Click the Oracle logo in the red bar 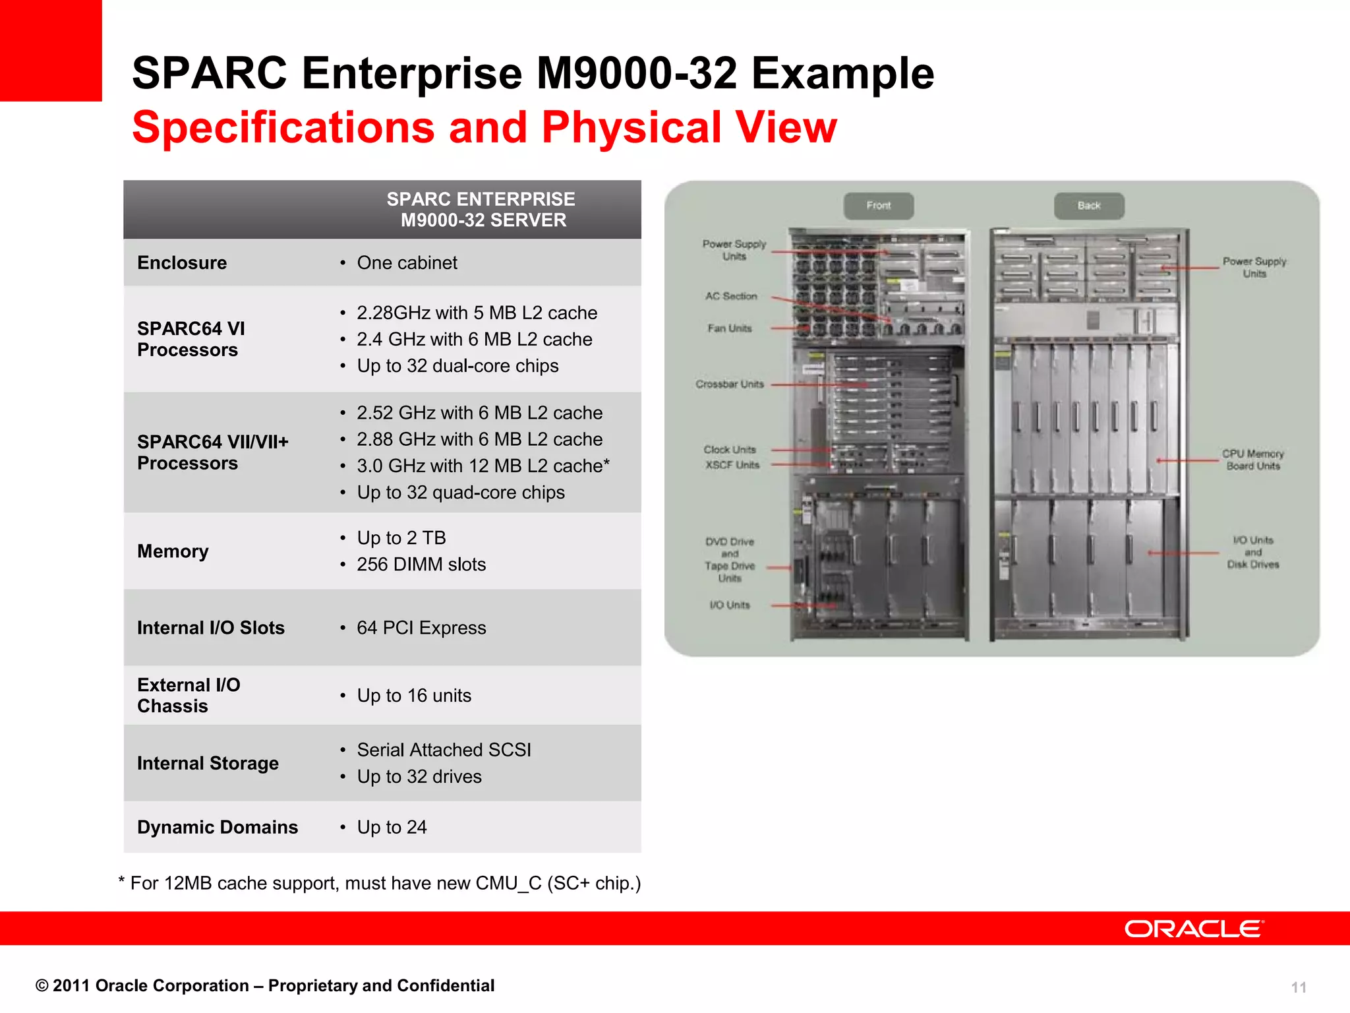tap(1194, 929)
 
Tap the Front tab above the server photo tap(878, 206)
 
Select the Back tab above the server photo tap(1088, 206)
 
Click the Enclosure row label tap(182, 262)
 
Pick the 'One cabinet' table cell tap(407, 262)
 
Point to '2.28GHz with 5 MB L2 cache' tap(477, 313)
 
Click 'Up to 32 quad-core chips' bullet tap(461, 493)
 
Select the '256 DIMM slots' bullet tap(421, 565)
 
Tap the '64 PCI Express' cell tap(421, 628)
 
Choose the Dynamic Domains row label tap(218, 827)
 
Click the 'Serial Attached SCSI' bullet tap(444, 750)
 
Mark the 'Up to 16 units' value tap(414, 696)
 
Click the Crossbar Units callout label tap(730, 384)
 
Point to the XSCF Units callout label tap(732, 465)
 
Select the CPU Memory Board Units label tap(1252, 460)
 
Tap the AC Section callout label tap(731, 296)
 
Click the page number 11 tap(1298, 987)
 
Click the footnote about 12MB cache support tap(380, 883)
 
